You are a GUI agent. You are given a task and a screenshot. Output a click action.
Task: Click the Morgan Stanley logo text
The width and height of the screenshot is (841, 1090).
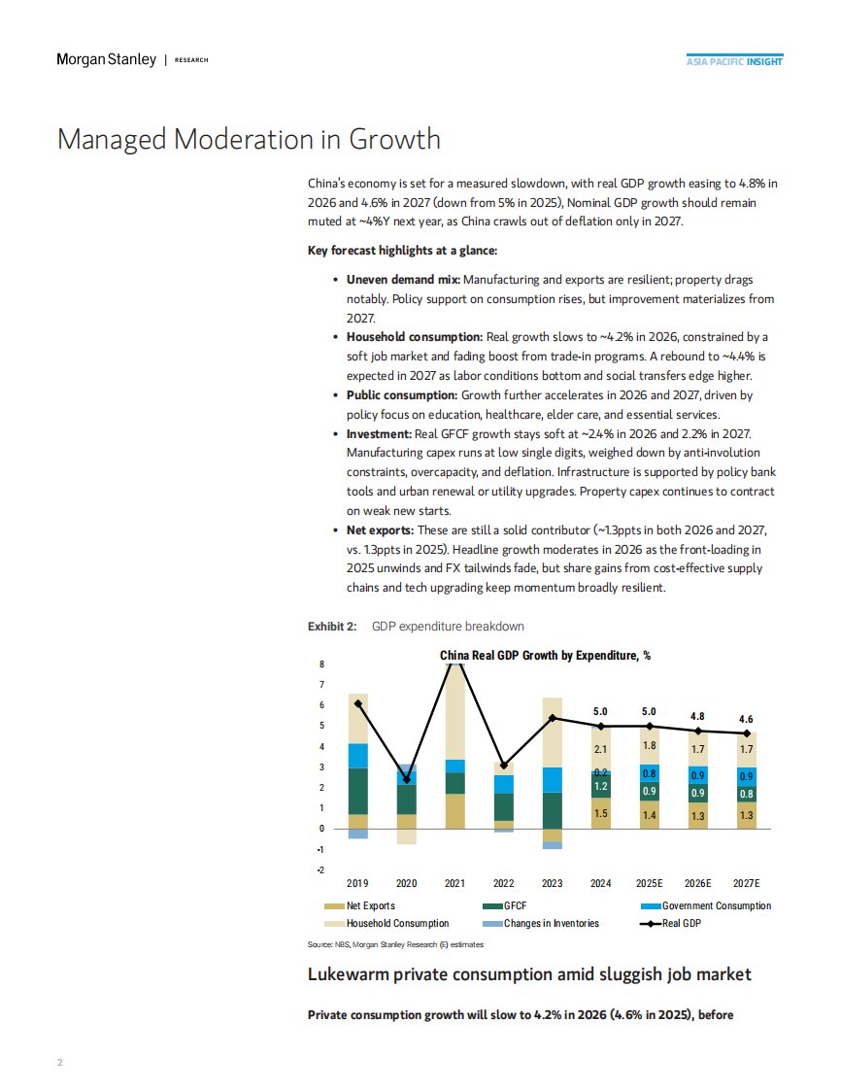coord(106,60)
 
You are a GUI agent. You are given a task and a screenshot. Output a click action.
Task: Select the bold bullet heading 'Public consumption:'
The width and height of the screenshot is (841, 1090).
coord(401,396)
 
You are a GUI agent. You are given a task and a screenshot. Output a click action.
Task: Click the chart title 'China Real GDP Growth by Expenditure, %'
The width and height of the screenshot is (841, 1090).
coord(545,656)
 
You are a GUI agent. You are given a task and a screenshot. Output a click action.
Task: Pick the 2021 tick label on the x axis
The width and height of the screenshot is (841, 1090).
coord(454,883)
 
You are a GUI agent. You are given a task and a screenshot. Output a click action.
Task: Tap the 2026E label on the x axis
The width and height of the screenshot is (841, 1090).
coord(697,883)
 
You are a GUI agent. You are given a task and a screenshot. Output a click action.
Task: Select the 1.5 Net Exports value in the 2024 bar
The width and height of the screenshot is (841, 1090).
coord(601,813)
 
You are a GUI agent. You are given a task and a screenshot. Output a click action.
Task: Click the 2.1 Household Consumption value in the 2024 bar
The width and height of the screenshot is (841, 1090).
coord(601,749)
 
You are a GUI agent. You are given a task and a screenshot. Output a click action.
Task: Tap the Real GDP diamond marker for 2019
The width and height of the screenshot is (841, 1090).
coord(358,703)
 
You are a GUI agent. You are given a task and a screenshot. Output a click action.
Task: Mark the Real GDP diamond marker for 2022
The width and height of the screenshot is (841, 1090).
coord(503,766)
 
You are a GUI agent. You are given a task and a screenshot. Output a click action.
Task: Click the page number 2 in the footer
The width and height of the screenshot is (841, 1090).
coord(59,1062)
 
